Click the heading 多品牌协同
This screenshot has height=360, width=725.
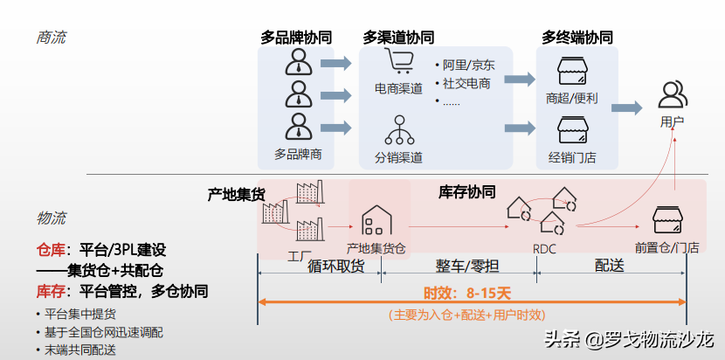[x=295, y=38]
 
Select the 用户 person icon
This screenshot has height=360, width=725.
[x=672, y=93]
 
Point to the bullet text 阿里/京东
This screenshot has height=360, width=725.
[x=468, y=66]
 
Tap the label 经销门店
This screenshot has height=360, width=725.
[x=572, y=157]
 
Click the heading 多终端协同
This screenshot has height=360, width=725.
[x=577, y=38]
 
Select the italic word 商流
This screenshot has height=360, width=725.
[x=51, y=38]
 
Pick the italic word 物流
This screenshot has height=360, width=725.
[x=51, y=218]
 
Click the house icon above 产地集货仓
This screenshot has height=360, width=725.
[x=376, y=219]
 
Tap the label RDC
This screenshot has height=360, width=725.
[x=544, y=249]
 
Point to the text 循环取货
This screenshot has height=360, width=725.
[x=336, y=267]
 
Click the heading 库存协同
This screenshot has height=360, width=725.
[x=466, y=191]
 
